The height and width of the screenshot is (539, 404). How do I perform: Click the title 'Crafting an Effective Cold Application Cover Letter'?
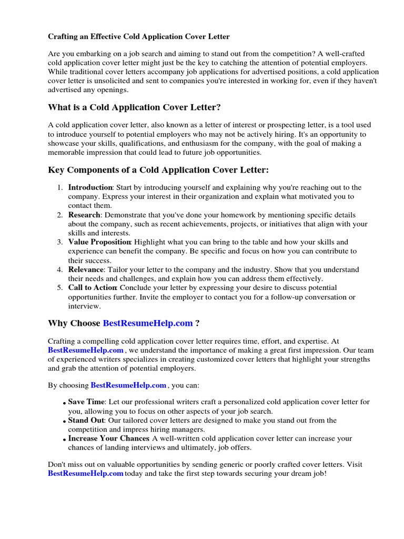139,37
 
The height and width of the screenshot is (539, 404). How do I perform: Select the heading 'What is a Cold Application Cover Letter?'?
134,107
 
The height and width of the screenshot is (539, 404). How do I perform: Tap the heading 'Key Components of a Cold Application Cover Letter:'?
158,170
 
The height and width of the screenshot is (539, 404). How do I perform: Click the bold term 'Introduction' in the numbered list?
90,187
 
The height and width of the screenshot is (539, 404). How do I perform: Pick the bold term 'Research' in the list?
84,215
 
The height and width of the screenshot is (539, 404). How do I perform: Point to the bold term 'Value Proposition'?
99,242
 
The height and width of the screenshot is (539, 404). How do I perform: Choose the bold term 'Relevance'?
86,269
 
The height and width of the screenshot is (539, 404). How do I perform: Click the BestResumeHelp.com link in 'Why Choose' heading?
147,323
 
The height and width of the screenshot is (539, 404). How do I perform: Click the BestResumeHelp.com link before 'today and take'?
85,474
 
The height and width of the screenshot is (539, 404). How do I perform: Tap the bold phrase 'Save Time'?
86,402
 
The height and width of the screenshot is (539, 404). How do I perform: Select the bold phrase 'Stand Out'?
86,421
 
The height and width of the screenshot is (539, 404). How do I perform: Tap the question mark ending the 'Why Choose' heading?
197,323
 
